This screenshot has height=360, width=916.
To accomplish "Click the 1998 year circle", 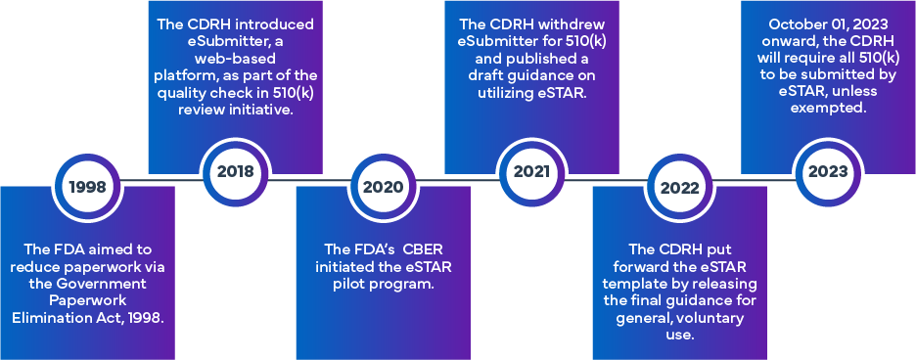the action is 88,187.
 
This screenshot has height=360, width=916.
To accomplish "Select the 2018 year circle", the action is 236,172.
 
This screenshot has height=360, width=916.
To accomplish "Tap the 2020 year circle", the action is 384,187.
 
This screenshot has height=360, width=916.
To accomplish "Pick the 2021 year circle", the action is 531,172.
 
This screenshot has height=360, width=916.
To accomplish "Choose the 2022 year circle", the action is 680,187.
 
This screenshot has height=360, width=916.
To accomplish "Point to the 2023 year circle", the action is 828,172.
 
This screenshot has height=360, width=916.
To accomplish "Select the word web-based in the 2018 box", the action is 236,59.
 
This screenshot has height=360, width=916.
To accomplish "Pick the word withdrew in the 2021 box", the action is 576,24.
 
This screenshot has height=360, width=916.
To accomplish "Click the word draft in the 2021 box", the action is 495,76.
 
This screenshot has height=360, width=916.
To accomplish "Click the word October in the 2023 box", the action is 796,24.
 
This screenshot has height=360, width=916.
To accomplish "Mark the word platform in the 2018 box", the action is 181,76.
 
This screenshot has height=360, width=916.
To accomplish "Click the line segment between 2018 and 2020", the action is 309,179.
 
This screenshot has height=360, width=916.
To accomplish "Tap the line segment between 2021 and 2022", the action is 606,179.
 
